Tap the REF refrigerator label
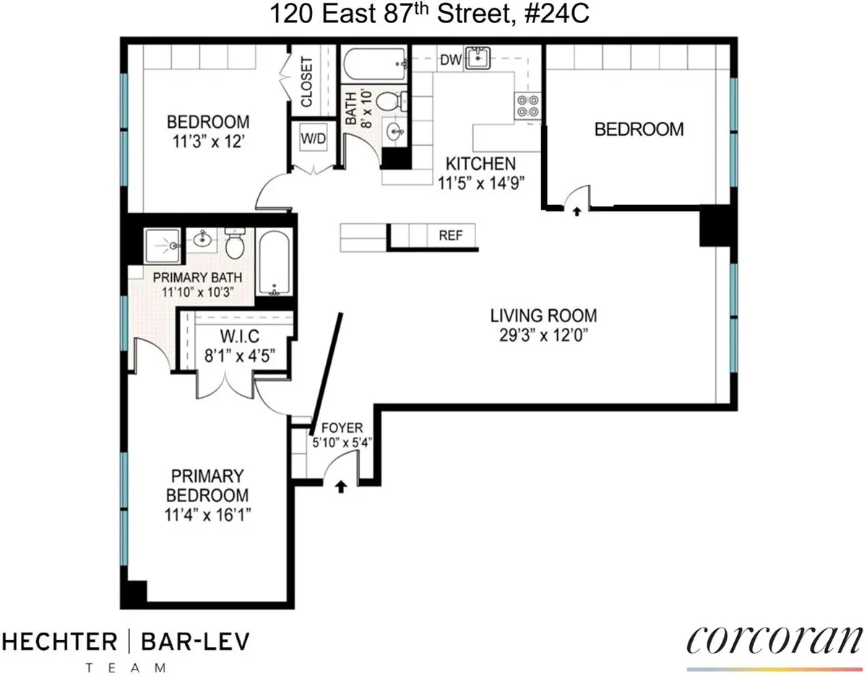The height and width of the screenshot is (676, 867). [x=451, y=235]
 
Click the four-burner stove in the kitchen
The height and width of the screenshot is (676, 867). [x=527, y=106]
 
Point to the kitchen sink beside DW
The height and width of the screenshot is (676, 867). [x=478, y=58]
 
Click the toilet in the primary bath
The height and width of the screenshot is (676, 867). [x=235, y=244]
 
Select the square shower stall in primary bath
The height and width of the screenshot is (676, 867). [x=163, y=246]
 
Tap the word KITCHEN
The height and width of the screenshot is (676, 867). [x=480, y=163]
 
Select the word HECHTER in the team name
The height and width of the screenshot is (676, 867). [x=60, y=641]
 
